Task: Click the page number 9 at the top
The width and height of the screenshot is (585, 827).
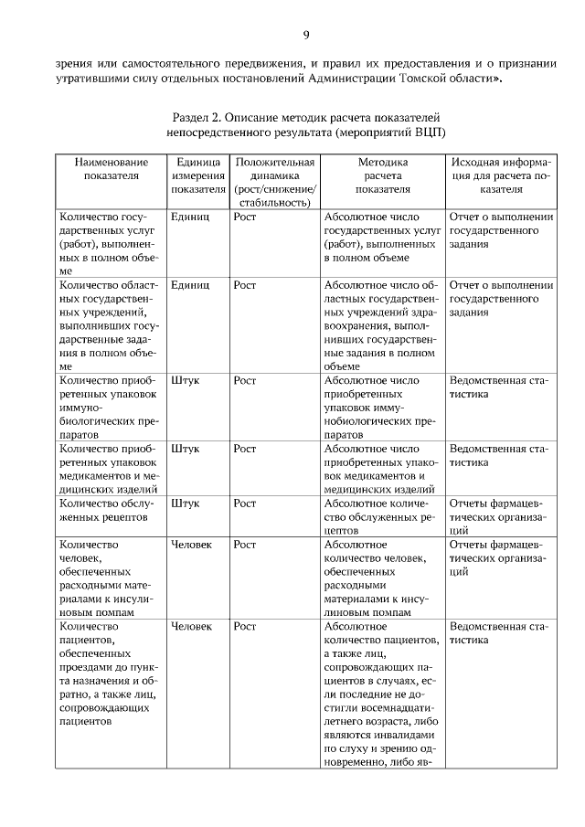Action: point(306,36)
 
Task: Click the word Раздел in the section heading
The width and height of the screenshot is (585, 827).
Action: point(193,118)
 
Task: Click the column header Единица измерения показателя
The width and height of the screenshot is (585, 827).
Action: point(196,175)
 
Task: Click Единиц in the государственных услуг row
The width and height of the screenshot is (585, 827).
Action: point(190,217)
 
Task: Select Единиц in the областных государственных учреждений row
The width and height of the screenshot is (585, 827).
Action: point(190,284)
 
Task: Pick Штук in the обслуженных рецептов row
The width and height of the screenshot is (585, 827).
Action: point(186,503)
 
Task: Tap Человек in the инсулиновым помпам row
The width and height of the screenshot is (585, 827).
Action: point(192,544)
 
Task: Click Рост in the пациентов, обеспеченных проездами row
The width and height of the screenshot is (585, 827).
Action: point(245,627)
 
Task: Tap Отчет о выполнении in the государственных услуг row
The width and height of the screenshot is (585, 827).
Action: point(502,217)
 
